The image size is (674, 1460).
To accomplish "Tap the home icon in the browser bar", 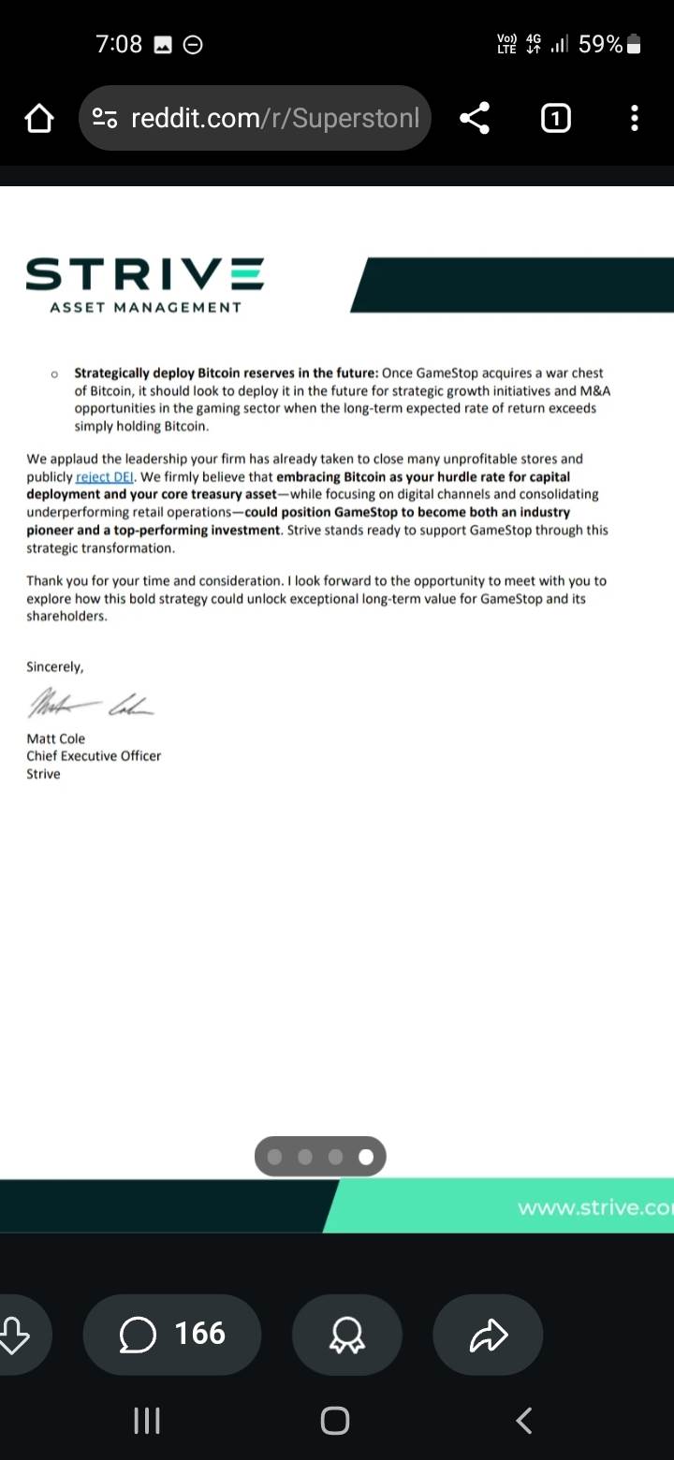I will point(39,119).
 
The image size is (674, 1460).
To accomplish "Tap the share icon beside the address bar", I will point(475,118).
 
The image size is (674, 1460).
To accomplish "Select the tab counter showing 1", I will point(556,118).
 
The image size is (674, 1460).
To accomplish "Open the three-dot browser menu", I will point(635,118).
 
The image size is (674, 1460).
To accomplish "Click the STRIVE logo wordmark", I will point(145,275).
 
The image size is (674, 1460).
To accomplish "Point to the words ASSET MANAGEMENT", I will point(145,307).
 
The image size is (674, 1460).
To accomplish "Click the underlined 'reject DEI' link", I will point(106,476).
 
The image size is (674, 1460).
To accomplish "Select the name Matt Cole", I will point(56,738).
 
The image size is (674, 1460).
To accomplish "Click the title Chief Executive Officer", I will point(94,756).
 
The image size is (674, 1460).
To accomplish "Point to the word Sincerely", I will point(55,667).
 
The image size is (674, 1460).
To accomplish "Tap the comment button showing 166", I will point(172,1334).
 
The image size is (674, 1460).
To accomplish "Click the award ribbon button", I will point(347,1335).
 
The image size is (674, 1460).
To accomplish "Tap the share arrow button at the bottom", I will point(488,1335).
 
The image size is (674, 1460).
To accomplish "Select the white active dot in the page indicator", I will point(366,1158).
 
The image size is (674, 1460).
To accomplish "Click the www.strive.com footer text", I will point(594,1207).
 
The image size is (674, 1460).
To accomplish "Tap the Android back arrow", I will point(524,1421).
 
